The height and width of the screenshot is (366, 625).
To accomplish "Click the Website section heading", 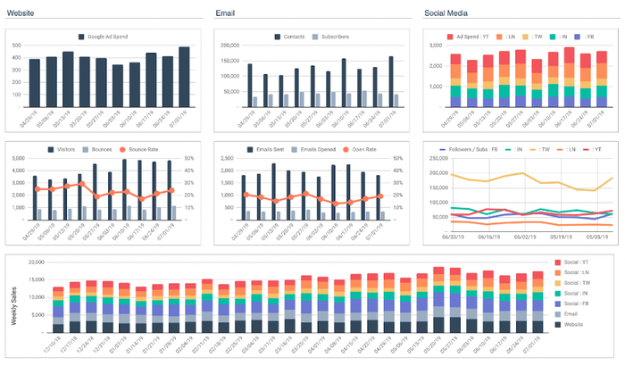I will [x=21, y=12].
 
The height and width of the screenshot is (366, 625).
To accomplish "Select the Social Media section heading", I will [x=446, y=12].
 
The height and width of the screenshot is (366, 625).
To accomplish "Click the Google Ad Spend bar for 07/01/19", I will [x=183, y=77].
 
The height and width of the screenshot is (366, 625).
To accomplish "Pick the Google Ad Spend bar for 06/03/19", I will [x=117, y=86].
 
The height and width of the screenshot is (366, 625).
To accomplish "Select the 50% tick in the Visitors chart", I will [x=190, y=158].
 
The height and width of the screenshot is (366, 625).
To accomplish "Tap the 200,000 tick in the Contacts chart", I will [x=228, y=45].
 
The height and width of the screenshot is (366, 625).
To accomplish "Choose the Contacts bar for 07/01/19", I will [x=391, y=81].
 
